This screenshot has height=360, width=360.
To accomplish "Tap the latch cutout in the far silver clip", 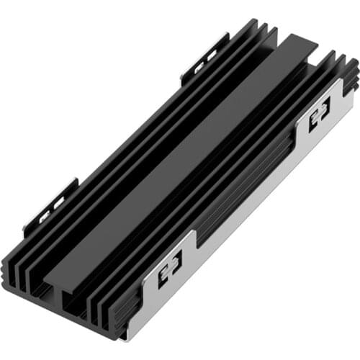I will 319,114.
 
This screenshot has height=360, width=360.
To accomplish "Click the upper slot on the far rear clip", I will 213,56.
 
